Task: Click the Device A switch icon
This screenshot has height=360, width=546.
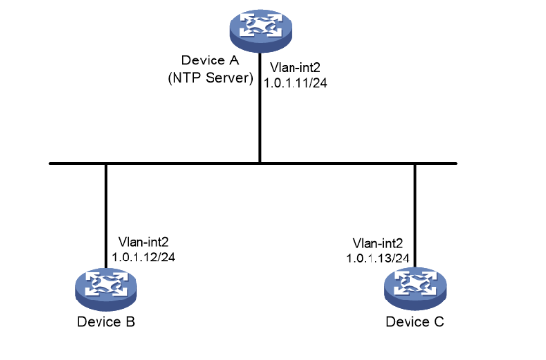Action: (x=260, y=30)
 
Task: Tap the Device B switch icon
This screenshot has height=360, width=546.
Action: (x=106, y=290)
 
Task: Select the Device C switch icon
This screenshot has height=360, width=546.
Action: (x=415, y=289)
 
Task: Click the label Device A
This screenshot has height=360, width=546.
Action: (x=210, y=60)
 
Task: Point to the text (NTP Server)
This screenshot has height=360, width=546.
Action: (x=210, y=78)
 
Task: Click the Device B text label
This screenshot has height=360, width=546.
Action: (x=106, y=321)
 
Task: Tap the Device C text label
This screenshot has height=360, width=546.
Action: (x=414, y=321)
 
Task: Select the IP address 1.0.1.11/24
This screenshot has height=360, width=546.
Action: (x=295, y=83)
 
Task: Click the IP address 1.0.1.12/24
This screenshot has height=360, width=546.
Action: (x=143, y=258)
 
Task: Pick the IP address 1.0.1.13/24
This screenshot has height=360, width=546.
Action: (x=377, y=259)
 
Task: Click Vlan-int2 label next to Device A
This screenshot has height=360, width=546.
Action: (x=294, y=67)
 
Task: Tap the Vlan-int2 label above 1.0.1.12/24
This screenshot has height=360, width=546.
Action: (x=143, y=242)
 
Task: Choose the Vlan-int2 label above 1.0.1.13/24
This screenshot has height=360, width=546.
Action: (x=377, y=243)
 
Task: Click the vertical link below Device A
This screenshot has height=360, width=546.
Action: (x=260, y=107)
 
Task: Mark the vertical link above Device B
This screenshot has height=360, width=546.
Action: (x=106, y=217)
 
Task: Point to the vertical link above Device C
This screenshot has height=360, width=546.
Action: (x=415, y=216)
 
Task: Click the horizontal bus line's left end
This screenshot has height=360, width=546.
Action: (x=50, y=163)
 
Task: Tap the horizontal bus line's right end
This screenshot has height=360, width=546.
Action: (x=456, y=163)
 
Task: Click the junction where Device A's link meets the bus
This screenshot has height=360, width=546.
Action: (x=260, y=163)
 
